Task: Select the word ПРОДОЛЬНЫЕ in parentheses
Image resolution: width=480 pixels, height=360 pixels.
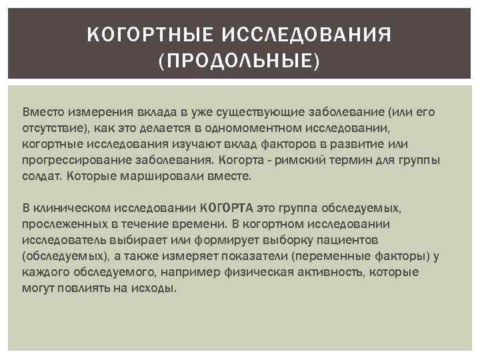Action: pyautogui.click(x=239, y=61)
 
